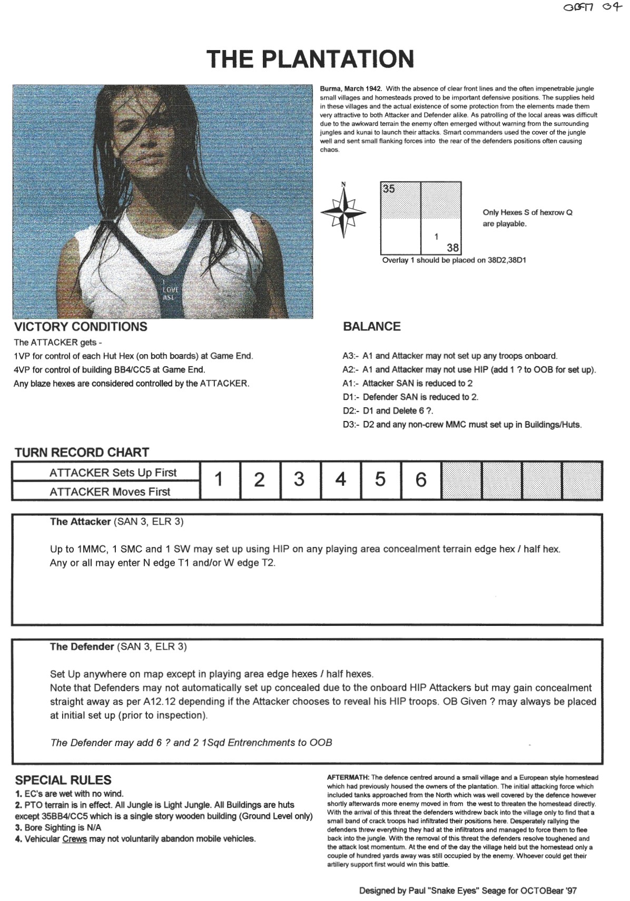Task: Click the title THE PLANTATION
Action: click(310, 59)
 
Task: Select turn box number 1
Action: click(219, 479)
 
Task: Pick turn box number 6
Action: click(420, 479)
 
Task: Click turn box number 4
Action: click(340, 479)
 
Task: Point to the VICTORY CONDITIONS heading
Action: click(81, 327)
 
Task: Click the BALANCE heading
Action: click(372, 327)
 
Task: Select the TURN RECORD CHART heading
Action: click(82, 453)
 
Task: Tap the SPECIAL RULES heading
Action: click(63, 780)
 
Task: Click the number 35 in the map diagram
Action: click(389, 189)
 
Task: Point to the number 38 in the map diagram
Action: click(452, 248)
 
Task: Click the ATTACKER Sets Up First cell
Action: click(113, 473)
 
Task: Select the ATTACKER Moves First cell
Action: click(110, 492)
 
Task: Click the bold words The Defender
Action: click(82, 647)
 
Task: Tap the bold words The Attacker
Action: click(80, 522)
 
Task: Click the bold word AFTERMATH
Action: click(348, 777)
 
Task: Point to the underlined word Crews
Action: click(74, 839)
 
